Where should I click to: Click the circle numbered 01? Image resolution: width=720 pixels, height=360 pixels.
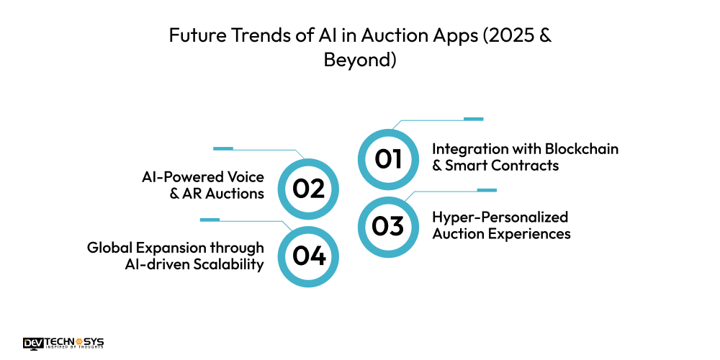coord(388,158)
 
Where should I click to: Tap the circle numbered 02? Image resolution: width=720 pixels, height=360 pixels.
coord(308,189)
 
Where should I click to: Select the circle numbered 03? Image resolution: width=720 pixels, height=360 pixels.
coord(388,226)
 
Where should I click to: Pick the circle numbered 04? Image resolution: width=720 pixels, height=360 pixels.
coord(308,256)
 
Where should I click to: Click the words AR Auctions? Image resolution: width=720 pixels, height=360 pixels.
coord(225,194)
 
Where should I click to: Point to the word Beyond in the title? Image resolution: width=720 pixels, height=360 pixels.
coord(360,60)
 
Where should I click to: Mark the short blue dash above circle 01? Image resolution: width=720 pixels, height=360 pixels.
coord(473,119)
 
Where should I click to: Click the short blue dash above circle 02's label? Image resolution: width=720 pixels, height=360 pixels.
coord(223,149)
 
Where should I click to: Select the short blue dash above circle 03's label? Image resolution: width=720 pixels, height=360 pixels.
coord(487,190)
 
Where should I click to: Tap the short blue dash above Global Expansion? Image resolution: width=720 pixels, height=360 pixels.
coord(210,219)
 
